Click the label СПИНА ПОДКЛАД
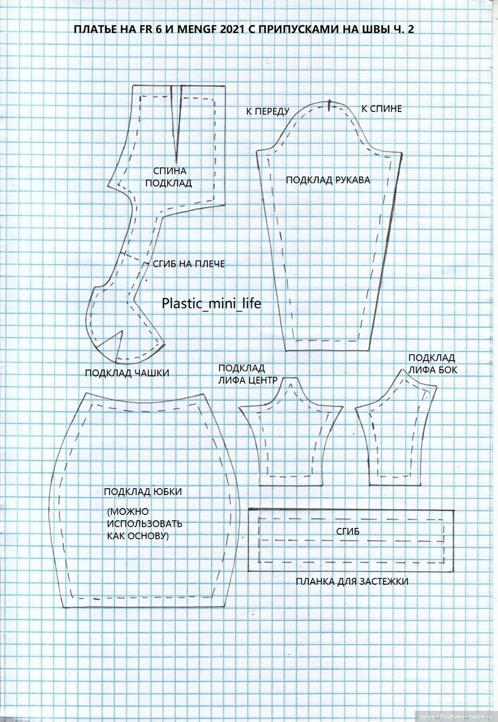pos(169,177)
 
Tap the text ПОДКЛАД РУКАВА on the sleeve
pos(328,180)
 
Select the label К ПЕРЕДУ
pos(268,111)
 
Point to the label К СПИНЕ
pos(381,109)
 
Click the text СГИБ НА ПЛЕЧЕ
pos(189,264)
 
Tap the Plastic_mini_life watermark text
pos(211,304)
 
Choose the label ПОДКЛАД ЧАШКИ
pos(127,373)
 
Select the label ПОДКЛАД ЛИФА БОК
pos(432,364)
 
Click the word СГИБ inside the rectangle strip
pos(347,531)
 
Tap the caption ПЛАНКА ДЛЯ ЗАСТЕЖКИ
pos(352,581)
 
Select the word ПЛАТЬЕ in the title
pos(94,29)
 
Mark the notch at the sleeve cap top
pos(330,104)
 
